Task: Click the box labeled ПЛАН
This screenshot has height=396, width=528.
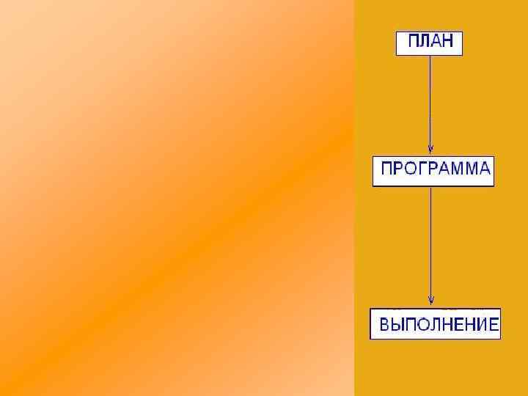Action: [x=429, y=43]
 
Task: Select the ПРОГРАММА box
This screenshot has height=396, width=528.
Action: [x=433, y=172]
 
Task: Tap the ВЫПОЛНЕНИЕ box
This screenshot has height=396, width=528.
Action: [x=435, y=323]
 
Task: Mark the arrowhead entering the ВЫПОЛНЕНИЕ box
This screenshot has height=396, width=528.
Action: [x=430, y=300]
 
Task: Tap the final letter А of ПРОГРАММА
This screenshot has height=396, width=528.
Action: [x=483, y=169]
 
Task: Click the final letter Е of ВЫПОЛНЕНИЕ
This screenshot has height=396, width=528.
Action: [x=494, y=323]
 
